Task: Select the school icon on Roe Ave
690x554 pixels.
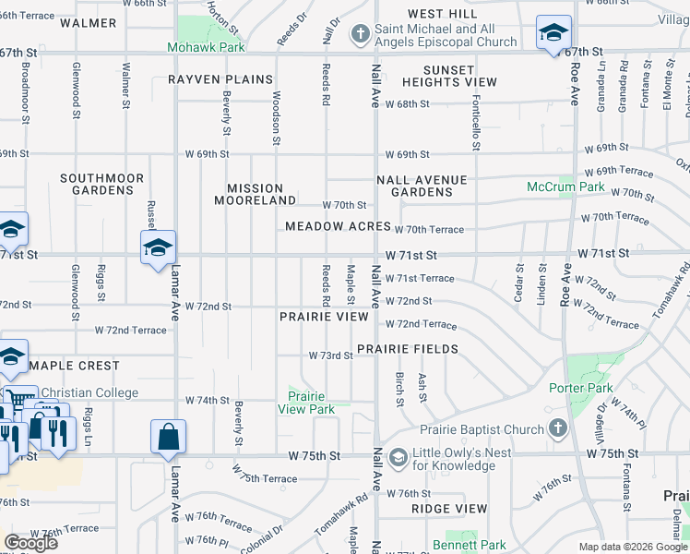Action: [553, 34]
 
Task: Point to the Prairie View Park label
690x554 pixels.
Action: [308, 403]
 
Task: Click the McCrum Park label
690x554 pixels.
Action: [565, 187]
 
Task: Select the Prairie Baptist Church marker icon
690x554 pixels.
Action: [556, 429]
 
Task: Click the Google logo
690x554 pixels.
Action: [30, 543]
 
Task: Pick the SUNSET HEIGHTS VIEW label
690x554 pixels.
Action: [449, 76]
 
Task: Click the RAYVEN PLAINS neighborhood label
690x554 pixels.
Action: [220, 79]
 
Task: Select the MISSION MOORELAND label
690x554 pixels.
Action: [255, 194]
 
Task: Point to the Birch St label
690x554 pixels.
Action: [399, 389]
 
